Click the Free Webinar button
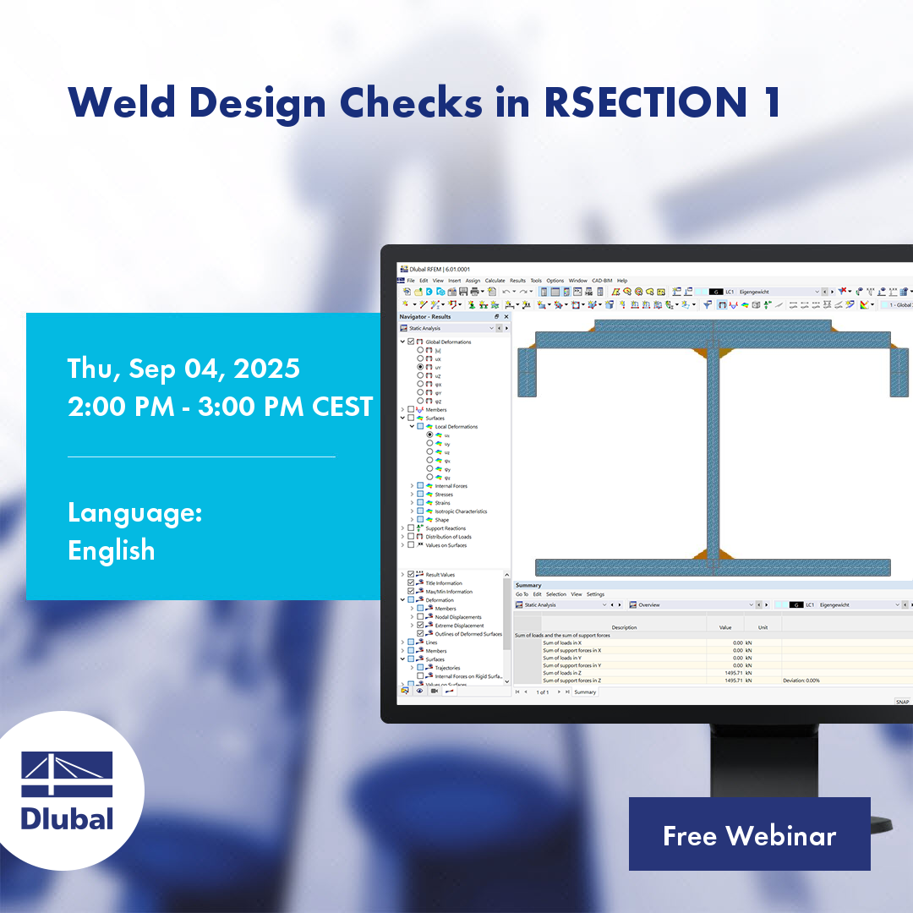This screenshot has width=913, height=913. [749, 835]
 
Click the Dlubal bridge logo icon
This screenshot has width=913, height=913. [67, 774]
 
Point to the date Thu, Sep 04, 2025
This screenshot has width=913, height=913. [183, 369]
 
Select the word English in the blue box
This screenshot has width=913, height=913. [111, 550]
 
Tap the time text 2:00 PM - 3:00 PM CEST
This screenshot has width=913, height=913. [220, 407]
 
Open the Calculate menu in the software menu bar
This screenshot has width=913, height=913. [495, 280]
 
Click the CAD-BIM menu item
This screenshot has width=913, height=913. [602, 280]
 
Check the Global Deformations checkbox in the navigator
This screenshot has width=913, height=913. [411, 342]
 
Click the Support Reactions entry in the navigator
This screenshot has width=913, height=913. [446, 528]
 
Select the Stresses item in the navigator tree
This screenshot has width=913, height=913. [444, 495]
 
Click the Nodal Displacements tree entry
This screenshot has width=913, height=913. [457, 617]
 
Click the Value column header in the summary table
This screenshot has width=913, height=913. [724, 627]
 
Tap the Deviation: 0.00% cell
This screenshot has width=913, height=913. [801, 681]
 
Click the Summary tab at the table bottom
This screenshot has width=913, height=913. [585, 692]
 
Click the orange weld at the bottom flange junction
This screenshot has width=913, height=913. [701, 555]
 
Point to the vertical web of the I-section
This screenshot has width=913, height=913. [713, 448]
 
